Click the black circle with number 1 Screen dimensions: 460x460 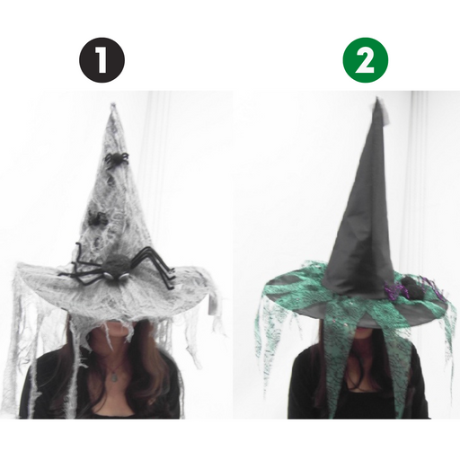tap(101, 60)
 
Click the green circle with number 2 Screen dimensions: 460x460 tap(366, 60)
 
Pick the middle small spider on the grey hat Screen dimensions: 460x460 tap(96, 217)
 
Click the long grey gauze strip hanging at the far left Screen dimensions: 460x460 tap(13, 341)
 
